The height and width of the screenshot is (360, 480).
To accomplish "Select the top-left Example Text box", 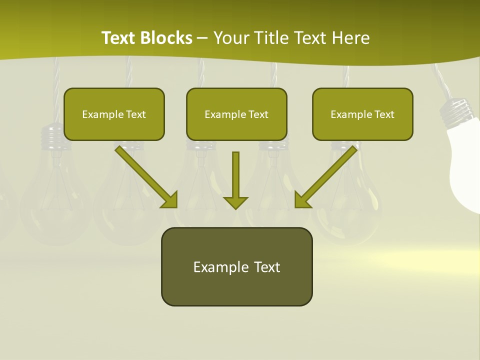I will (114, 114).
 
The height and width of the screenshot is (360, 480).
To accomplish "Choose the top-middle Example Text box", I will (236, 114).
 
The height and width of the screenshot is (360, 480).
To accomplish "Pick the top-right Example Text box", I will (362, 114).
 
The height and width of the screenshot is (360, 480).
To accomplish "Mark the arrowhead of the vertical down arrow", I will (235, 201).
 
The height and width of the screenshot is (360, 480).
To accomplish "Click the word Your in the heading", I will (230, 38).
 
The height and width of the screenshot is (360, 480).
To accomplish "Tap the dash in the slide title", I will (202, 38).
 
